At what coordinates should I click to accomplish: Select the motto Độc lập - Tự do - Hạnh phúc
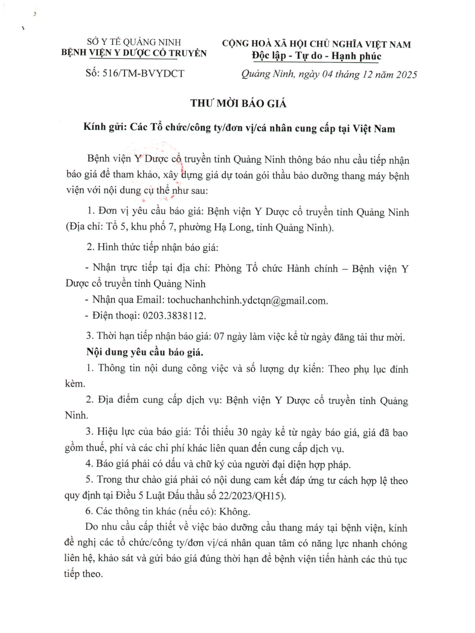click(x=316, y=55)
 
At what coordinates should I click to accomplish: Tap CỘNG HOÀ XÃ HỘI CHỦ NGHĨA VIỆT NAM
click(x=316, y=44)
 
